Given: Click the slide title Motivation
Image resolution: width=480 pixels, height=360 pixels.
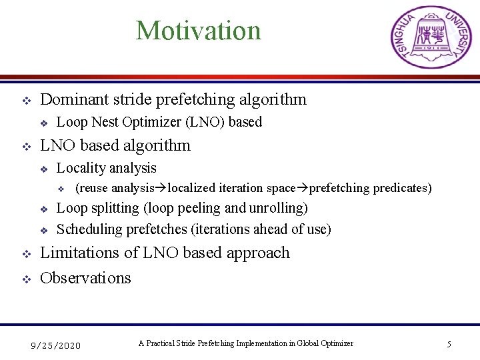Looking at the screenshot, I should click(198, 31).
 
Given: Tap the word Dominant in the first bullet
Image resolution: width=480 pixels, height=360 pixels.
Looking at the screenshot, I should click(73, 100).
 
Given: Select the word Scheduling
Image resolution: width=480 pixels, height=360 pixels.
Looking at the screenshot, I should click(87, 229).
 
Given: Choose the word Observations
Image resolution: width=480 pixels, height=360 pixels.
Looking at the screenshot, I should click(85, 278).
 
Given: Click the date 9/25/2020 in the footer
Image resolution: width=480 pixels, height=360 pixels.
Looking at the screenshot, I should click(56, 345).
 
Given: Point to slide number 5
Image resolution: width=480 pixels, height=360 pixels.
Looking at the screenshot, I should click(449, 345).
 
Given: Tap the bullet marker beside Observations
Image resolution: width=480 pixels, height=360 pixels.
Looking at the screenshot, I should click(26, 279).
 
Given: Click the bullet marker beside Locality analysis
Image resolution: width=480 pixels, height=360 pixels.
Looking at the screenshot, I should click(43, 169).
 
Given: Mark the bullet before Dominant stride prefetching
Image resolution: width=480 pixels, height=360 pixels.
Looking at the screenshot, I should click(26, 101).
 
